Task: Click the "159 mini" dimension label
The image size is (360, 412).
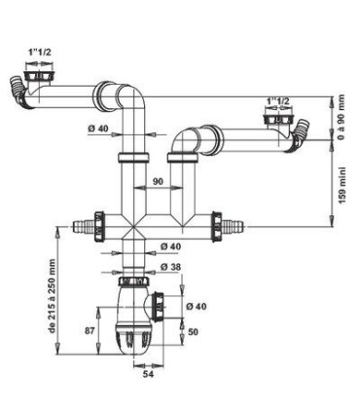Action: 341,198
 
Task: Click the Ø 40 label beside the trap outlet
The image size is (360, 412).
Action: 195,306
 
